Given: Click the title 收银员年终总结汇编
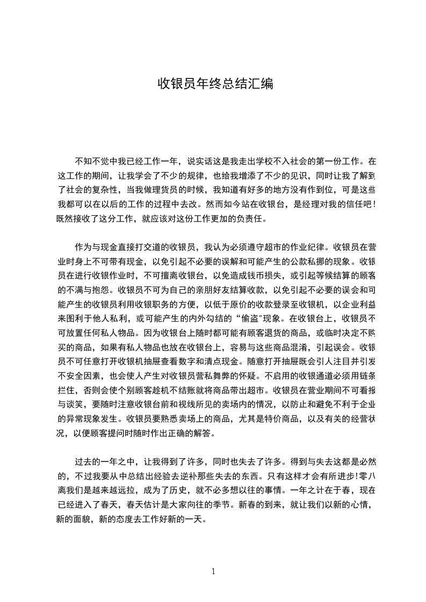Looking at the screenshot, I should (x=215, y=84).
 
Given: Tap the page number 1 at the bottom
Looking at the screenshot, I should (x=213, y=571).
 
